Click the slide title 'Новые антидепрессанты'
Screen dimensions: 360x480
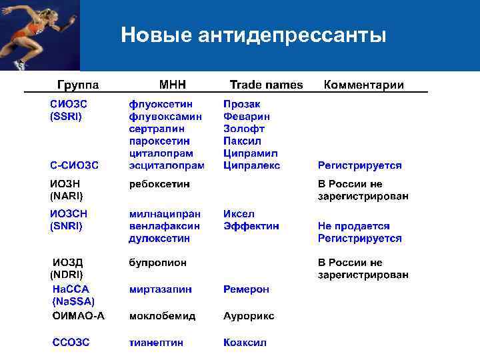pos(253,35)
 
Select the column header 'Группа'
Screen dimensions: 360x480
pos(79,85)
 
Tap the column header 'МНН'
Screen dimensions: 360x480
pos(173,85)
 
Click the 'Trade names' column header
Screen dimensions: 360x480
pos(266,85)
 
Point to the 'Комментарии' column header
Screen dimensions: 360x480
pos(363,85)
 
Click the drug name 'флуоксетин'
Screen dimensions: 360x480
pos(161,104)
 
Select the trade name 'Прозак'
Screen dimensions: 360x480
pos(242,104)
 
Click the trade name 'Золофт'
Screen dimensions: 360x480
pos(244,129)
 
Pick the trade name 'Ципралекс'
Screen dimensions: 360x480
pos(252,165)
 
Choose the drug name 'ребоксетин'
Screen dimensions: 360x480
pos(159,183)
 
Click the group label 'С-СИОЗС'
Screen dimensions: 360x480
pos(74,165)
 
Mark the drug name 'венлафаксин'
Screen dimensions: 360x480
pos(164,226)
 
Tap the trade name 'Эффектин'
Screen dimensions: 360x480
pos(251,226)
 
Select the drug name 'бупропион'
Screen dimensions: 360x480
pos(158,263)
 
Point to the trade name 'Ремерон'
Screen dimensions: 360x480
pos(247,289)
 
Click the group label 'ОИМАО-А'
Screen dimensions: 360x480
pos(79,316)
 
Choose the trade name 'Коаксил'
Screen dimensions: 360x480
pos(245,342)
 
